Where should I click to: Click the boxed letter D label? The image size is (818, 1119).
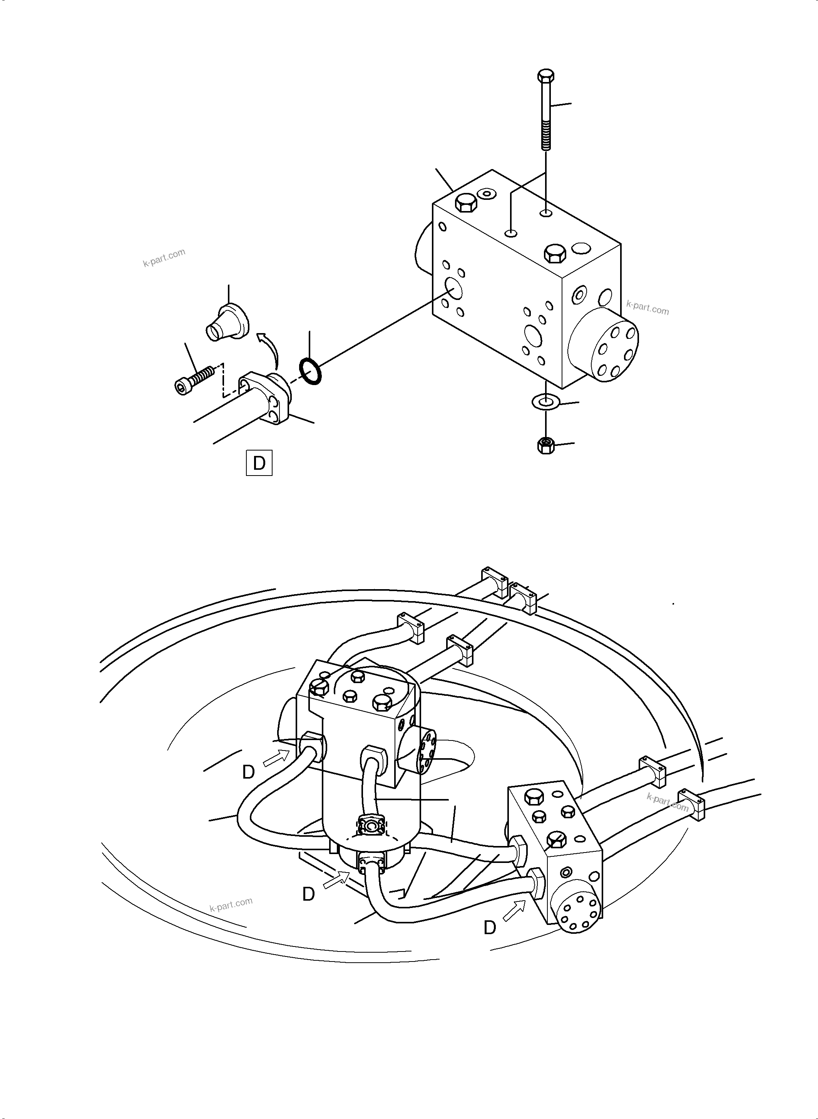click(x=259, y=463)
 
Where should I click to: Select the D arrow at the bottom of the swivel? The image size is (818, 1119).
click(x=336, y=879)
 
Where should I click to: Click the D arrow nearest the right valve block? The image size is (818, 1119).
click(x=515, y=910)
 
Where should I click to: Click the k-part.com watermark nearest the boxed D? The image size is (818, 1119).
click(x=164, y=258)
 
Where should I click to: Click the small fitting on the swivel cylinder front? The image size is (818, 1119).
click(x=371, y=826)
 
